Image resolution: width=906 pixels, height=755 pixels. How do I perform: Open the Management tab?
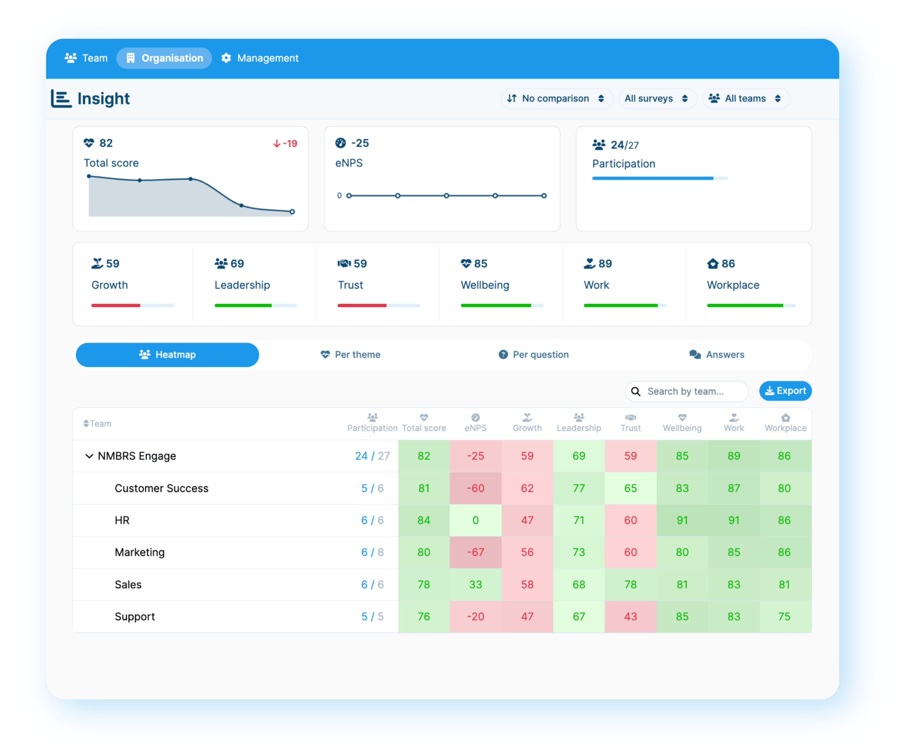[260, 58]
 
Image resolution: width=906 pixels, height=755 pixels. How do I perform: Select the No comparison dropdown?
[556, 99]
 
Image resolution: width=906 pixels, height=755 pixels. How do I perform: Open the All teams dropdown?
[746, 99]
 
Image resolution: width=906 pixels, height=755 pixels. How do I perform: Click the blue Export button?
[785, 391]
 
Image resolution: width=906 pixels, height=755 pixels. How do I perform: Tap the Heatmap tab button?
[167, 355]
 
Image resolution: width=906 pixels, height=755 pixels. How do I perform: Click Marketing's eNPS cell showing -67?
[475, 552]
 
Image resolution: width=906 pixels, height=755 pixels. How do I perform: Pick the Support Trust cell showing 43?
[630, 617]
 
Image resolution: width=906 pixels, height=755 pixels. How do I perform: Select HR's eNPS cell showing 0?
[475, 521]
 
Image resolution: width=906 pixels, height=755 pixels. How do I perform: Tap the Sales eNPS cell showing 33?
[475, 585]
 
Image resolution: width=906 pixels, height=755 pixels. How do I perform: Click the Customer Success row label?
[161, 488]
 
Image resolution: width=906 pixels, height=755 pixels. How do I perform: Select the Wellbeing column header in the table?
[682, 423]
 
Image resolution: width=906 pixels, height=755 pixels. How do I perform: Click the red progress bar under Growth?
[116, 306]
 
